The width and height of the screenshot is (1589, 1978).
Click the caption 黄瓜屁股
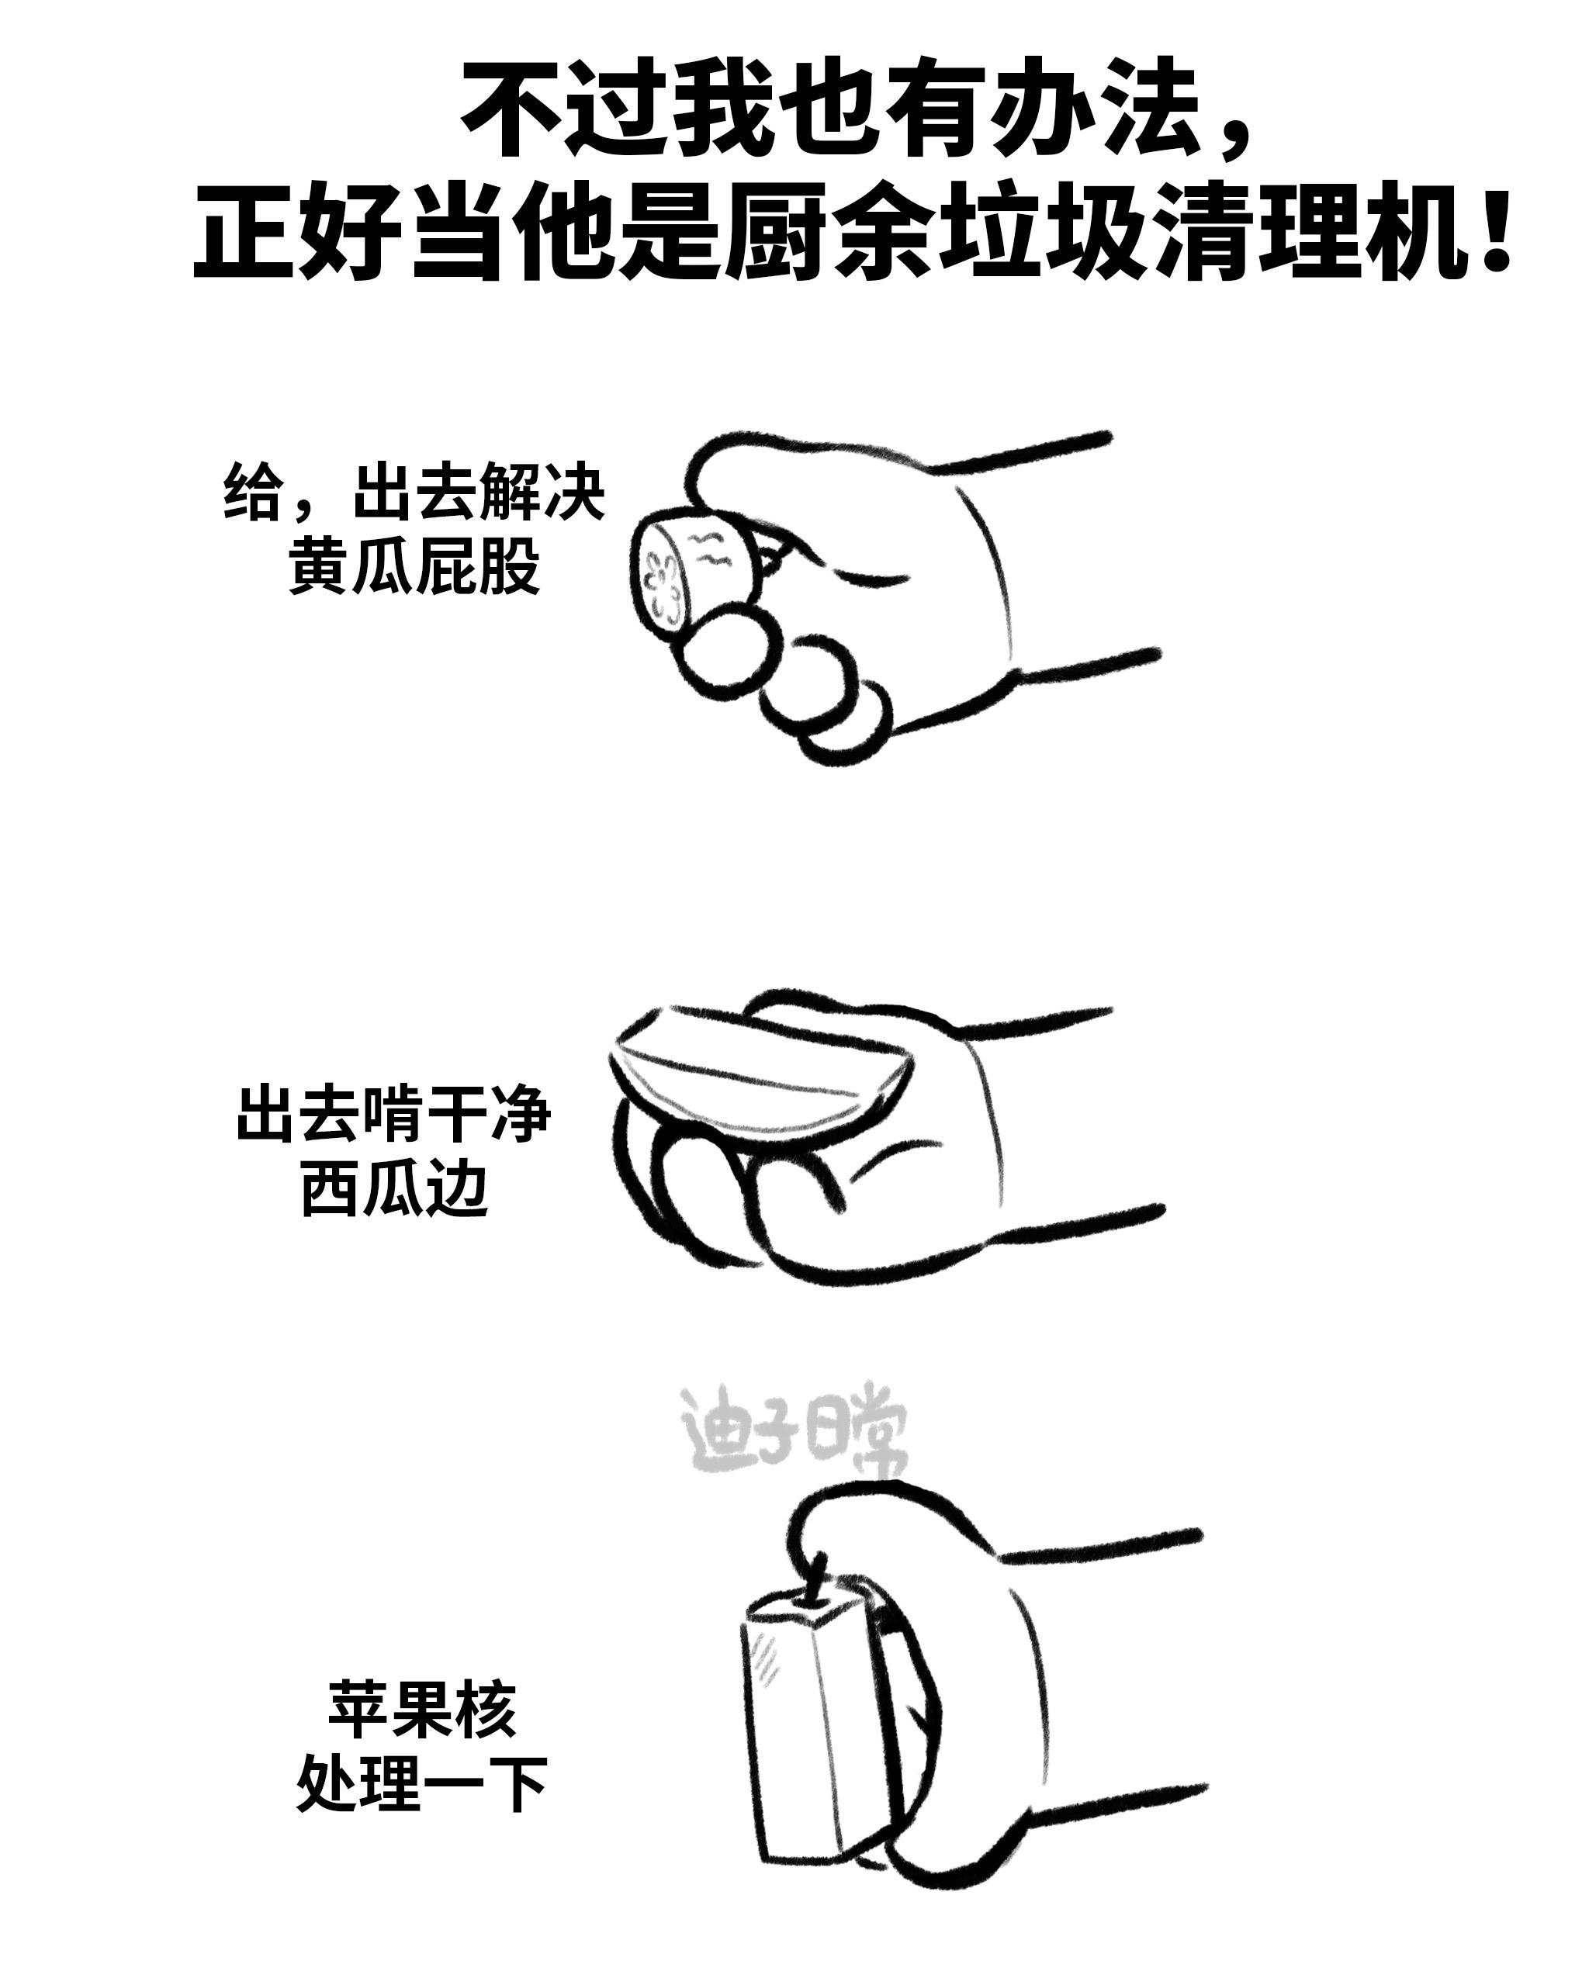(414, 565)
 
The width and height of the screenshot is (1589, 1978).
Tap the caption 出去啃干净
(394, 1114)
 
